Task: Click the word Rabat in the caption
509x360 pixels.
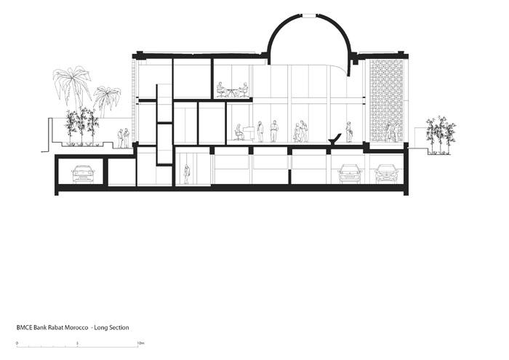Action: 55,328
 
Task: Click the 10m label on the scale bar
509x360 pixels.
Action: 140,343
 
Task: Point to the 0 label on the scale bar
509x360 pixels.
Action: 17,343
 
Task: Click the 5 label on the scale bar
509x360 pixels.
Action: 77,343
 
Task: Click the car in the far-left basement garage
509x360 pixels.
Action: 83,174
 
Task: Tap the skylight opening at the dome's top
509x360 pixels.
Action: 308,15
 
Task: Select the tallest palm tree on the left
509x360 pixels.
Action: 73,86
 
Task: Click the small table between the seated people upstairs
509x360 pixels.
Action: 231,92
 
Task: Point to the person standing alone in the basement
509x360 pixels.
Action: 187,174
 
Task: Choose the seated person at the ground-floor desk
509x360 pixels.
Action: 239,132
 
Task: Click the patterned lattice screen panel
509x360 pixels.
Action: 387,100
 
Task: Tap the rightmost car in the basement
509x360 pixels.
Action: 387,174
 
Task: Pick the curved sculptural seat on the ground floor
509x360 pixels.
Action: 335,138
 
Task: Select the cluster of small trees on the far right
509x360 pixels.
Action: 441,135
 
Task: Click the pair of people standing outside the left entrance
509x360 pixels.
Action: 124,138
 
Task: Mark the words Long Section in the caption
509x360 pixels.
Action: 111,328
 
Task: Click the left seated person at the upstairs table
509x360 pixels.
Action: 221,89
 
